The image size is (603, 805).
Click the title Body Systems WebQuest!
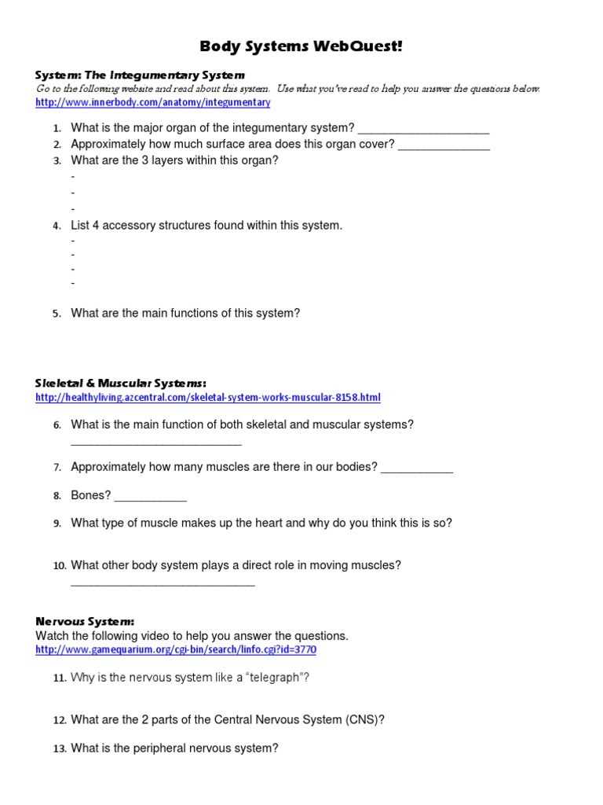coord(301,46)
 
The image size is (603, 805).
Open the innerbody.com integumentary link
coord(153,103)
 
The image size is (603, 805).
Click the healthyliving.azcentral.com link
coord(208,398)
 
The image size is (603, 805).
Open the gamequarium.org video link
coord(176,650)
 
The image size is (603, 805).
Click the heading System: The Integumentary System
coord(140,75)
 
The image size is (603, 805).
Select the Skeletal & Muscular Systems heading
coord(121,383)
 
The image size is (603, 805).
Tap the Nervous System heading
coord(85,622)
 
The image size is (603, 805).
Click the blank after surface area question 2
coord(444,145)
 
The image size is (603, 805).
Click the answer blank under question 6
coord(155,442)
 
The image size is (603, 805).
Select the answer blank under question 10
coord(163,583)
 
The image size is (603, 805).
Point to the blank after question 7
coord(417,469)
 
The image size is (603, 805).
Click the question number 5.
coord(57,314)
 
